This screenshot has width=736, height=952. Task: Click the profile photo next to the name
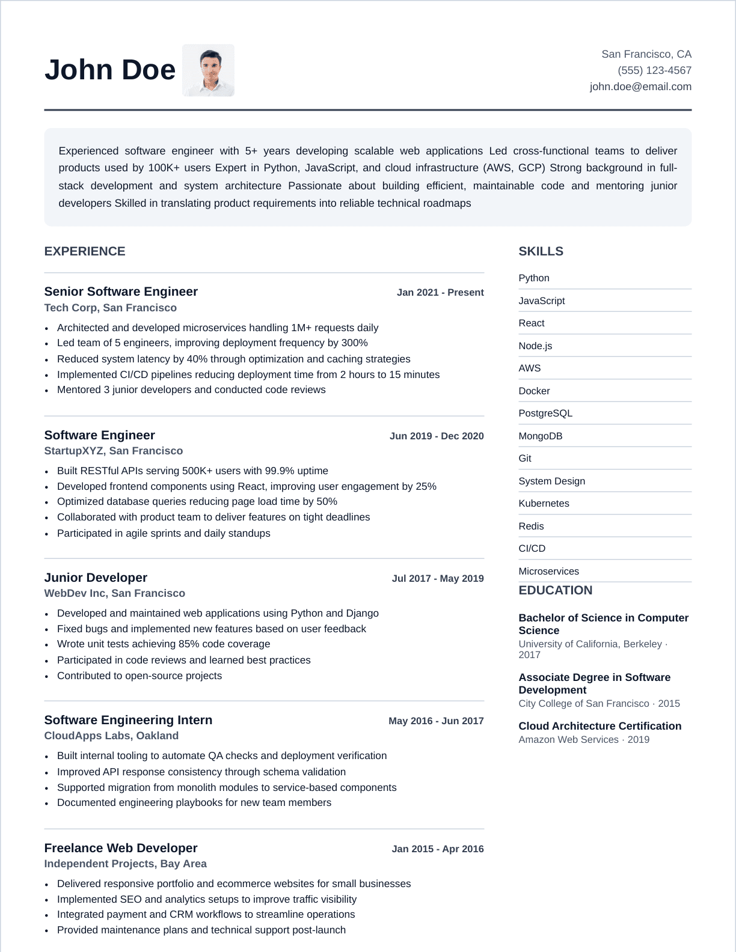(x=208, y=70)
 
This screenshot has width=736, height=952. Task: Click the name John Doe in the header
(x=110, y=70)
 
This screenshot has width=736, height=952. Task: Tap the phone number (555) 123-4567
(x=654, y=70)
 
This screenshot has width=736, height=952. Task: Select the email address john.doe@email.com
(x=640, y=87)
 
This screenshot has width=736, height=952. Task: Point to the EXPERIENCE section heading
(x=85, y=251)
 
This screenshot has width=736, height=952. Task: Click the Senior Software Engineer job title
(x=121, y=291)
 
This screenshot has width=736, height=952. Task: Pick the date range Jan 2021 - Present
(x=440, y=293)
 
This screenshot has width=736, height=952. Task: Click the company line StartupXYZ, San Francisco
(x=114, y=451)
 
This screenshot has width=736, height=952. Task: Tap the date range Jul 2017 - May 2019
(x=438, y=579)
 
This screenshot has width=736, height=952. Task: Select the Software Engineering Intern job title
(x=128, y=720)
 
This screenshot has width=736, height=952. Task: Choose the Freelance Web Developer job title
(x=121, y=848)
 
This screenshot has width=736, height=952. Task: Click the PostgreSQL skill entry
(x=545, y=413)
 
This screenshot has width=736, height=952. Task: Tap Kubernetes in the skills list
(x=544, y=504)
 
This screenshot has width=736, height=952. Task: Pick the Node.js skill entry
(x=535, y=346)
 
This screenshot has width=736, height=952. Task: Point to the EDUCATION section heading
(x=555, y=590)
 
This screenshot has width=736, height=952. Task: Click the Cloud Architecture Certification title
(x=600, y=726)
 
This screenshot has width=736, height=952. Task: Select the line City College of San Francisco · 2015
(x=599, y=703)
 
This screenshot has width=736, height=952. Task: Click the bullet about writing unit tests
(x=164, y=644)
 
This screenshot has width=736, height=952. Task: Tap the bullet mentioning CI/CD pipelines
(x=248, y=374)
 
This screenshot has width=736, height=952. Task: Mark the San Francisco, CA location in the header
(x=646, y=54)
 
